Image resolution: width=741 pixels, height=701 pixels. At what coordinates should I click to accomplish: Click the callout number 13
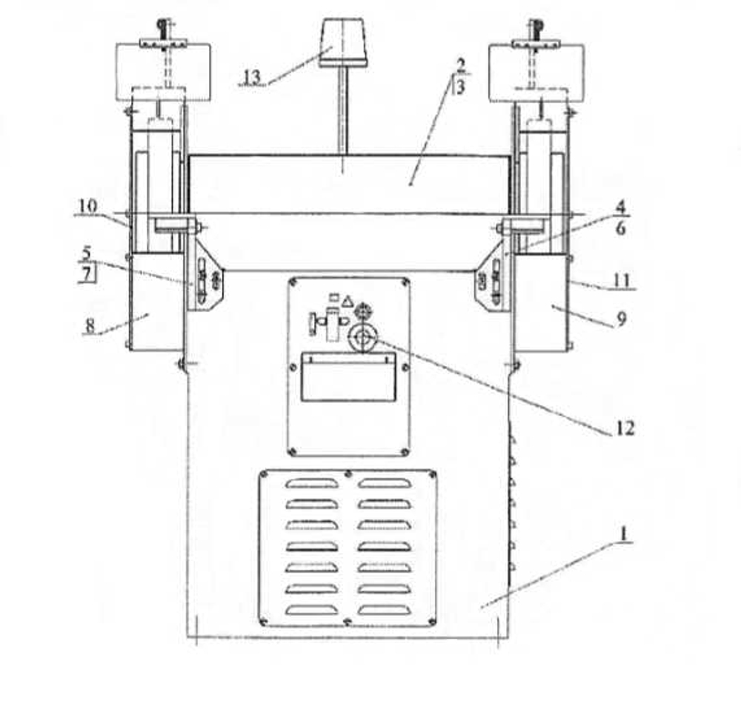(x=253, y=77)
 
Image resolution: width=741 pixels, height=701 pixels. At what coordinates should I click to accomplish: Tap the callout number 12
(x=624, y=428)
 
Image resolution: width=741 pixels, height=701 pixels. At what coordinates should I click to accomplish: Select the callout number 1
(x=624, y=534)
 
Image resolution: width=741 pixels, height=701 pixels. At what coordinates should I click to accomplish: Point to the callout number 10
(x=88, y=206)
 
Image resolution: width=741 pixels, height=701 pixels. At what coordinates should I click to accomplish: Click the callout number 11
(x=622, y=281)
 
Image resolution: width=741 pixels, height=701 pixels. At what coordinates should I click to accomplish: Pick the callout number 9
(x=622, y=319)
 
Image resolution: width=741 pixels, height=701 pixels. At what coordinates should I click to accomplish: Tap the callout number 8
(x=90, y=326)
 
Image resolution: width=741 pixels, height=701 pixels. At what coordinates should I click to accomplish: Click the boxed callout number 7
(x=87, y=274)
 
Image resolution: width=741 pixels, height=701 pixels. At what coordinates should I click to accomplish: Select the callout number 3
(x=460, y=87)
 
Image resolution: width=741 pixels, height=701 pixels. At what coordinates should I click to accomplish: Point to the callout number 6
(x=620, y=228)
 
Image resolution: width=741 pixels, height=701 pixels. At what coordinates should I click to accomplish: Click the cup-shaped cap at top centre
(x=343, y=42)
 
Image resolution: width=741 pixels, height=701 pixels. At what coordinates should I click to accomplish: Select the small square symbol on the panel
(x=334, y=297)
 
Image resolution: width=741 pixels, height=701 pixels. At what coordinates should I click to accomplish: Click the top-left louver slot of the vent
(x=312, y=484)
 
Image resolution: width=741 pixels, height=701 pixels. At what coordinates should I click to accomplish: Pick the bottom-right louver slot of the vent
(x=384, y=611)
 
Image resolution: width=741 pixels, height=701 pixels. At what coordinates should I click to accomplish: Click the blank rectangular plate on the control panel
(x=349, y=376)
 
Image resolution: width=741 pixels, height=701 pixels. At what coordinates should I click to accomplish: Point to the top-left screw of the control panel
(x=293, y=282)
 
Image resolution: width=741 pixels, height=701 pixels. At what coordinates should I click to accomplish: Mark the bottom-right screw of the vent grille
(x=431, y=621)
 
